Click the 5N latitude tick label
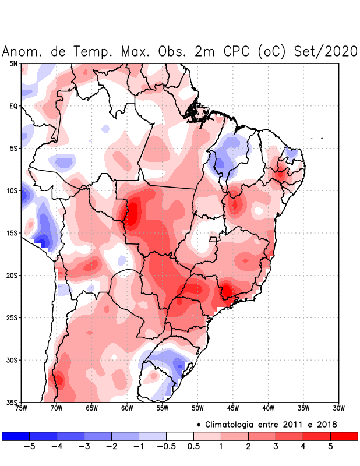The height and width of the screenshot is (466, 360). (x=13, y=63)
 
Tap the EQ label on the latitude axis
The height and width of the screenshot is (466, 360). (x=13, y=106)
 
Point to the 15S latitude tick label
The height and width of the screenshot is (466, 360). (x=12, y=233)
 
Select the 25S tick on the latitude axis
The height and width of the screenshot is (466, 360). (x=12, y=317)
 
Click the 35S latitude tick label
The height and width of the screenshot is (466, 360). (x=12, y=402)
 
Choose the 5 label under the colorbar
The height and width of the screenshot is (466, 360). (x=330, y=447)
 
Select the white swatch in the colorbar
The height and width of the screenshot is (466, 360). (x=180, y=436)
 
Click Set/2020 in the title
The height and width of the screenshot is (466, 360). (x=327, y=51)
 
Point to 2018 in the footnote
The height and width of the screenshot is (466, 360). (x=327, y=424)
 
